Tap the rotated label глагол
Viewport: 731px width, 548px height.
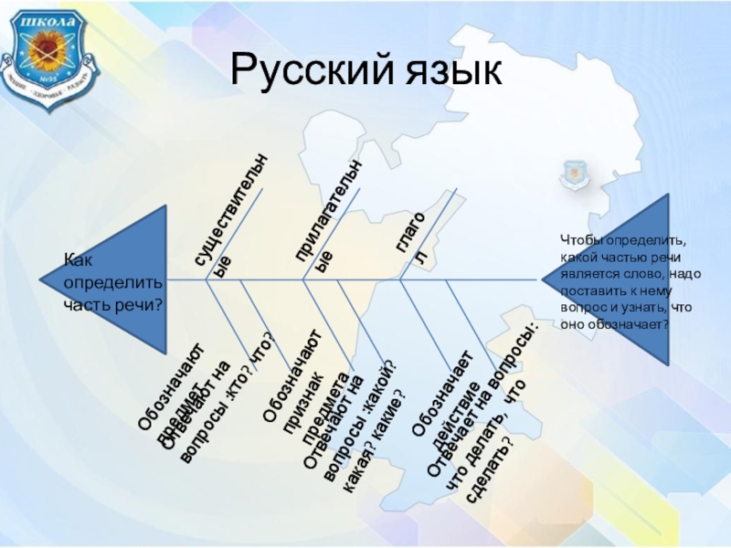411,243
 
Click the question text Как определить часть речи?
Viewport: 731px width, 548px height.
111,282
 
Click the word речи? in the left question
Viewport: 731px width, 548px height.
138,302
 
